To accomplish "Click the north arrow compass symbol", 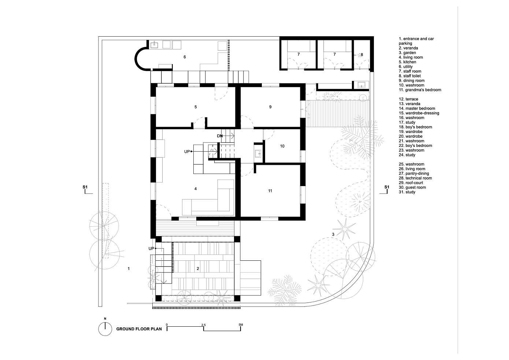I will point(105,329).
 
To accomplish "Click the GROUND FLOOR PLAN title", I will point(139,329).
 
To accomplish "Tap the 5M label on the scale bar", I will point(240,325).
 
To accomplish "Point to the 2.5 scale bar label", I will point(203,325).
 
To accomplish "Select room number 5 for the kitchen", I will point(196,107).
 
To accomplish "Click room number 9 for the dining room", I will point(270,107).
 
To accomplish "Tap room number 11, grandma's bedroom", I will point(270,191).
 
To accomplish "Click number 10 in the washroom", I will point(282,146).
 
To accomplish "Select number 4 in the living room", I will point(196,189).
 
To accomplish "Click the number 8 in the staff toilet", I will point(362,55).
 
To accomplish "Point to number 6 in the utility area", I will point(185,57).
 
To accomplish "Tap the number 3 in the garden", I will point(333,234).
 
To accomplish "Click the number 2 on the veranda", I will point(198,268).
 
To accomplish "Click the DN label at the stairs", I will point(220,136).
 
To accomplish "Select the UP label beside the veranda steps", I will point(151,249).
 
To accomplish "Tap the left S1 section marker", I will point(85,188).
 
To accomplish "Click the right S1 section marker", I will point(387,188).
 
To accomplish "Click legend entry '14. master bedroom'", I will point(417,108).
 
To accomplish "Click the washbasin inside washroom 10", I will point(258,154).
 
